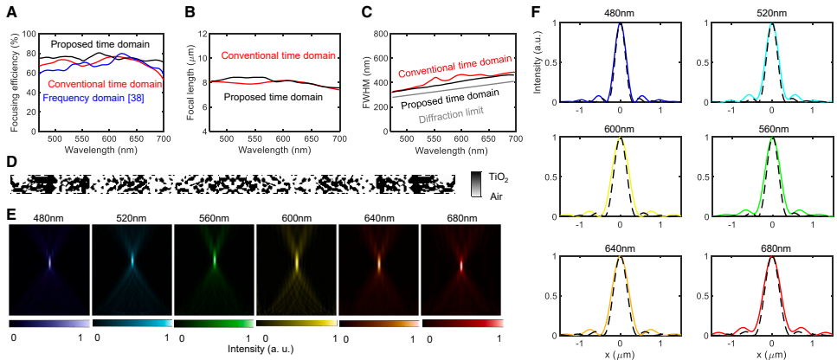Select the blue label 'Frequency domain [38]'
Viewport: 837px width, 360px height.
click(92, 99)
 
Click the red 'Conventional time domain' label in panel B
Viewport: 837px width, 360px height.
click(278, 56)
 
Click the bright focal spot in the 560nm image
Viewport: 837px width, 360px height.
click(214, 257)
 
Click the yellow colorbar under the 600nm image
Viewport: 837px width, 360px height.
click(296, 322)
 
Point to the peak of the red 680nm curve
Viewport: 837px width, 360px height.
click(772, 256)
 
